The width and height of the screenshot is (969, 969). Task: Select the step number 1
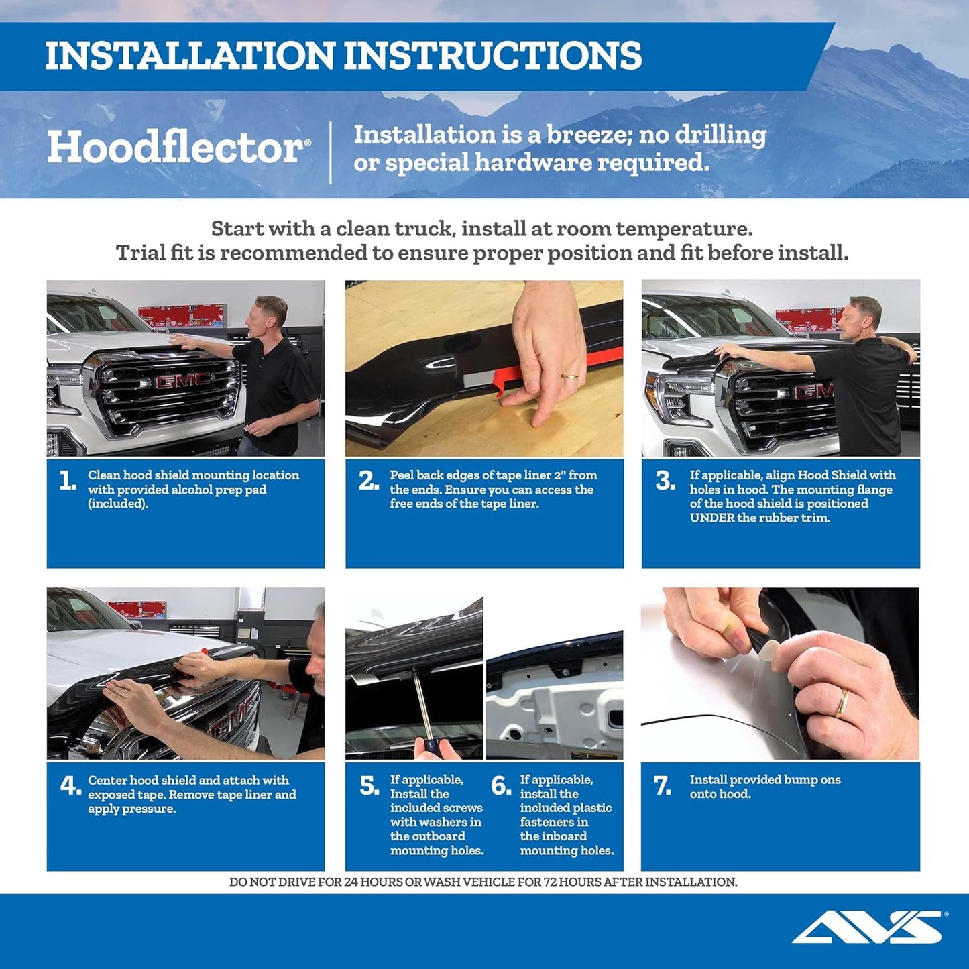(x=67, y=481)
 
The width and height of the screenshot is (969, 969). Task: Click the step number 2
(x=368, y=481)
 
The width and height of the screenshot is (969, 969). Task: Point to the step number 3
(x=665, y=481)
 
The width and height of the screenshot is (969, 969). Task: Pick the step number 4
(x=70, y=785)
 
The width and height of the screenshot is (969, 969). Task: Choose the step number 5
(x=369, y=785)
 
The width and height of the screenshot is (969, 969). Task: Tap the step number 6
(x=501, y=785)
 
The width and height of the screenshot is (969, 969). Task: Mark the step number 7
(x=663, y=785)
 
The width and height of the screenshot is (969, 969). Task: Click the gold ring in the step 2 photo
(x=570, y=377)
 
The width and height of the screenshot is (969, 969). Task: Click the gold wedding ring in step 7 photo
(x=841, y=703)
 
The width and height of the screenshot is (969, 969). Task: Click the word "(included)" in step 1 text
(x=118, y=504)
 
